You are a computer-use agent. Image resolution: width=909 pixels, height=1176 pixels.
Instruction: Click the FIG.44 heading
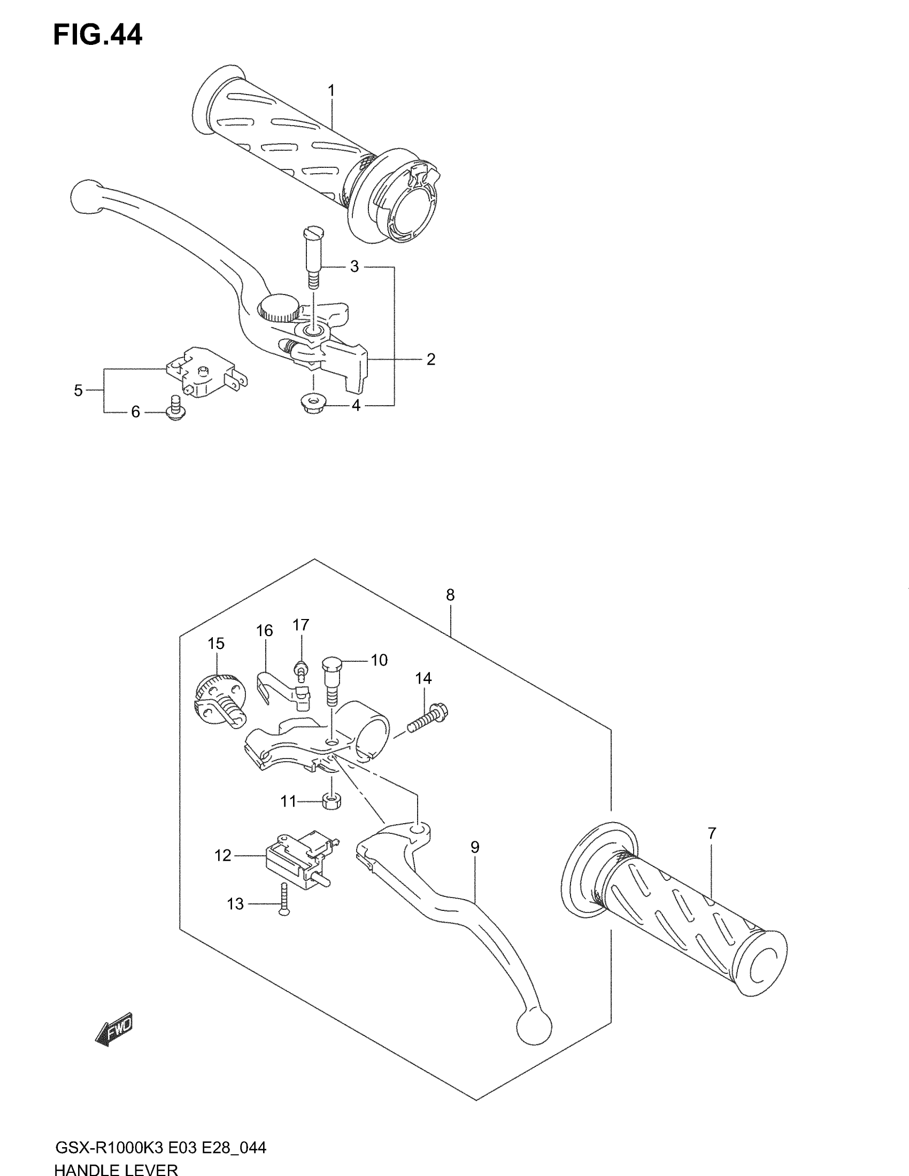point(97,35)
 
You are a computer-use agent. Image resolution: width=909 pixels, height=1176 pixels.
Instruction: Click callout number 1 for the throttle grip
point(331,90)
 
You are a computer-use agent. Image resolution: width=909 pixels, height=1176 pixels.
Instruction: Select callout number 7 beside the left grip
point(712,833)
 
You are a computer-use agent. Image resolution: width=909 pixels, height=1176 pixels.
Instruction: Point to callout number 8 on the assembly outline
point(450,595)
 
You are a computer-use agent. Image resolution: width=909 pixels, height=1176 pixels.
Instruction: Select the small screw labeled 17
point(301,671)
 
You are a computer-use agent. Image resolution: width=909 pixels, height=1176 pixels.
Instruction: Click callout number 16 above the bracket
point(264,631)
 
